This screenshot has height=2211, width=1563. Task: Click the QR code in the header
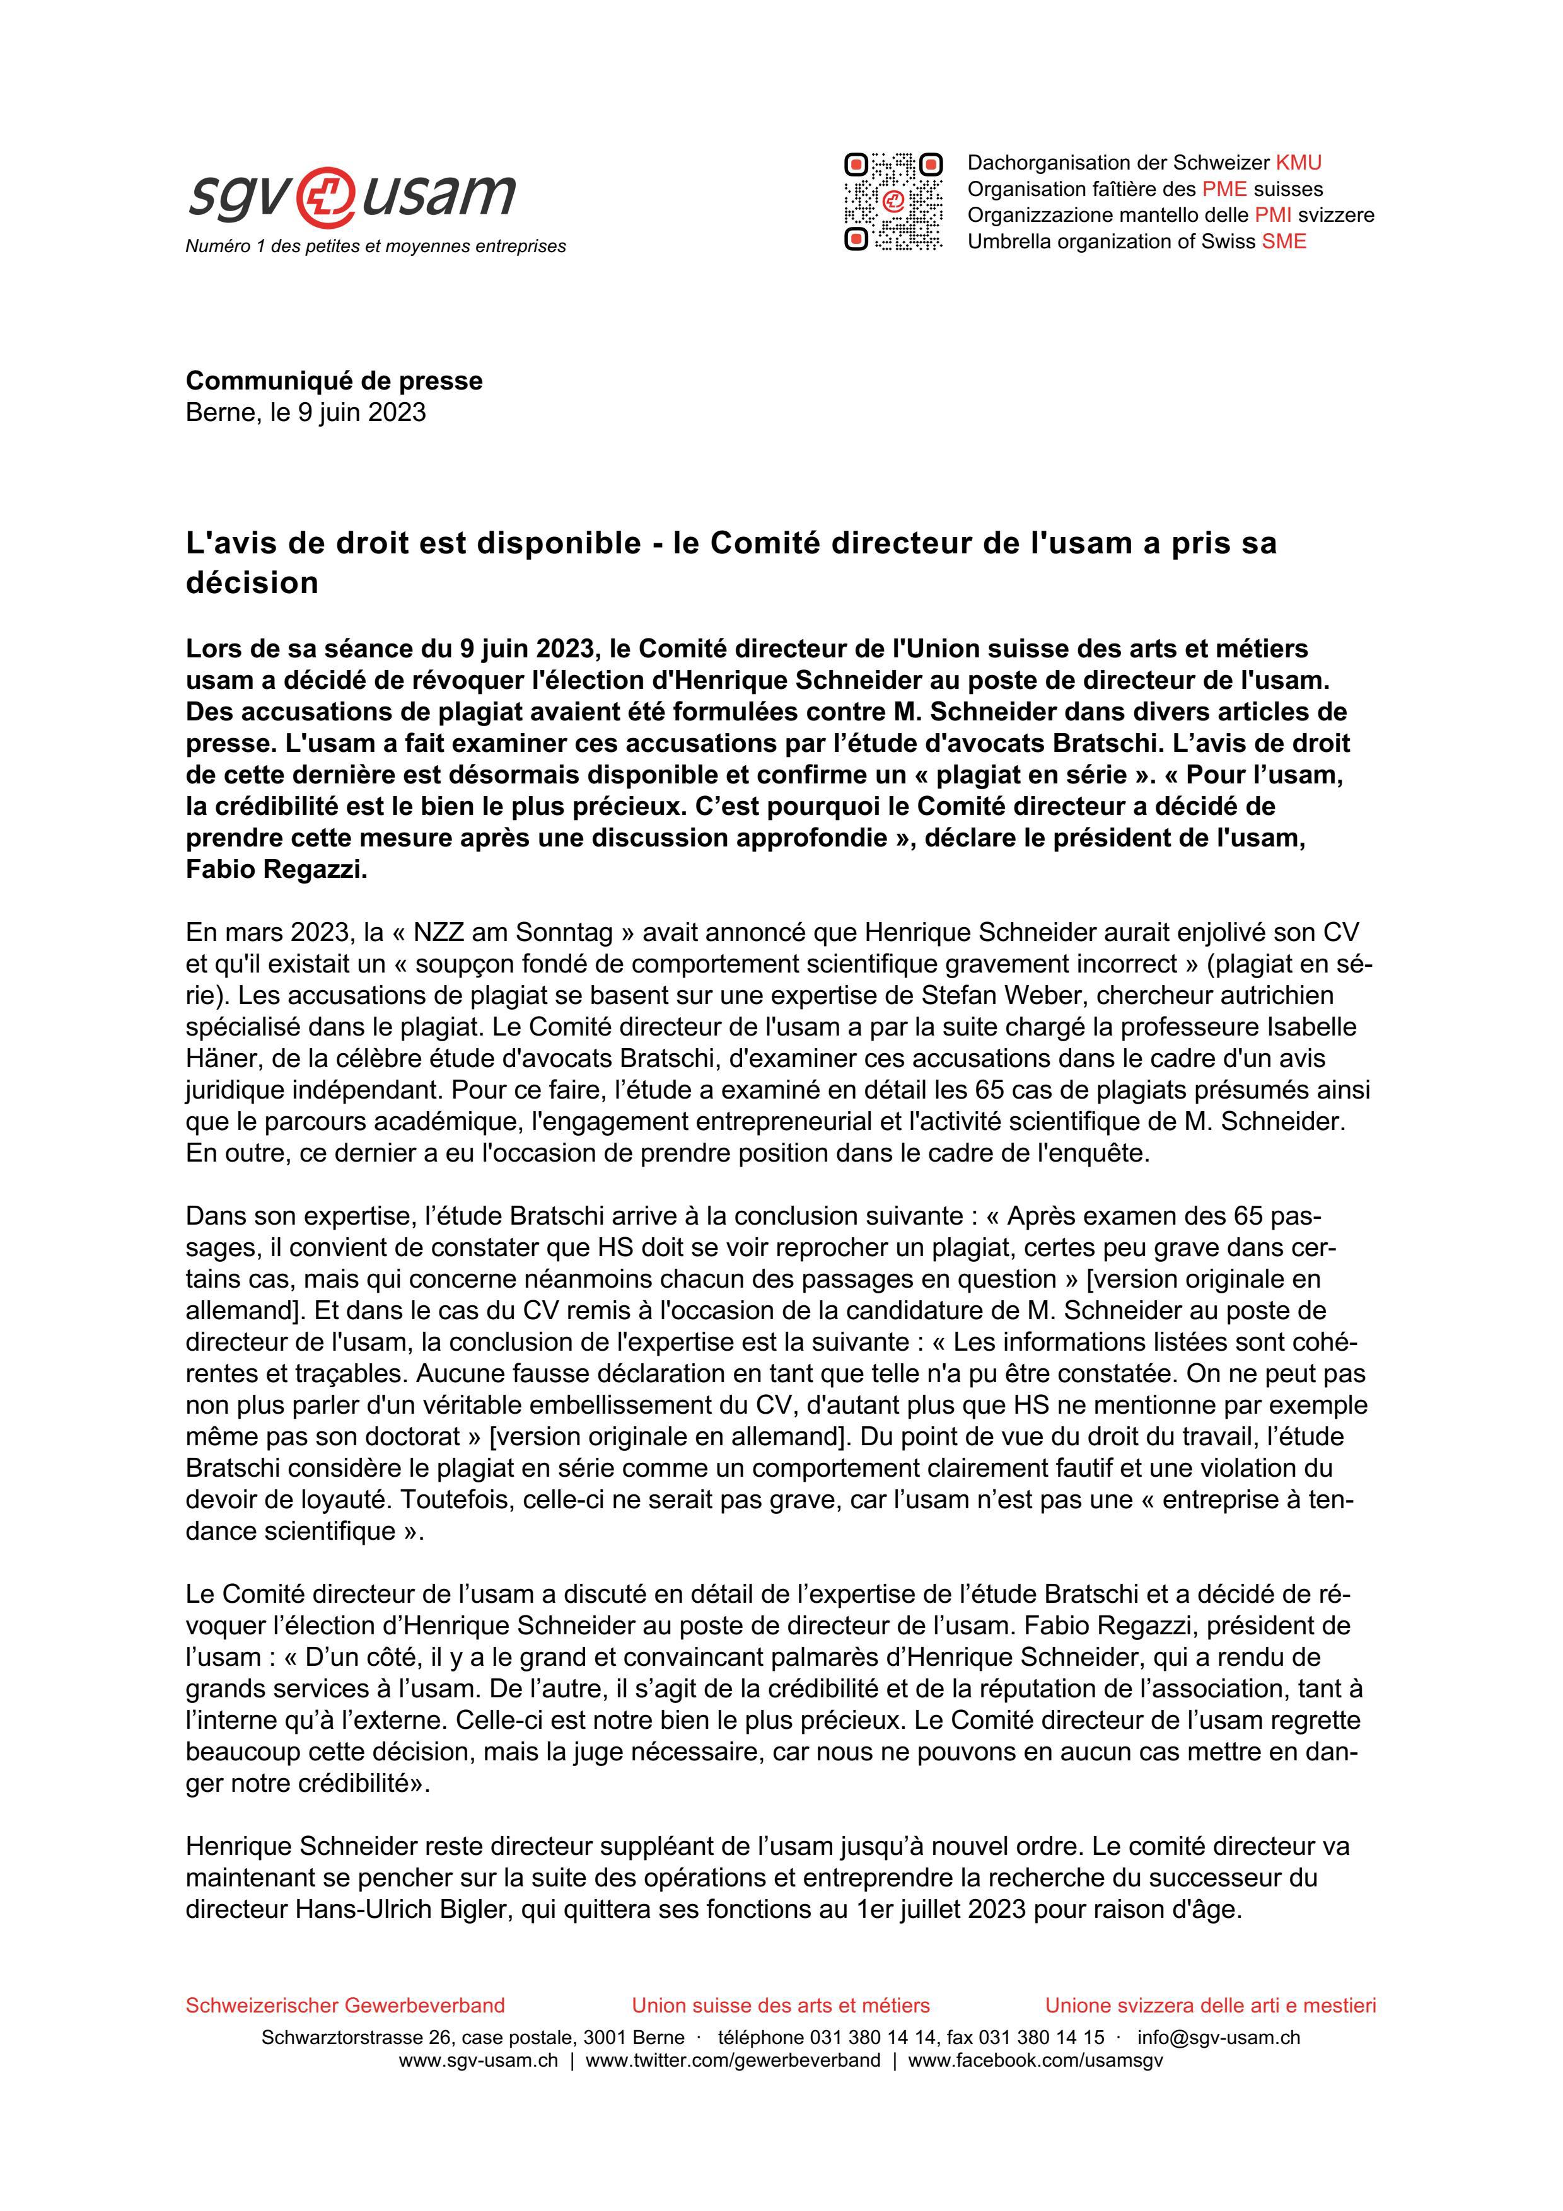pyautogui.click(x=893, y=202)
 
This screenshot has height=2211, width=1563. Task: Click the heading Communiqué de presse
pyautogui.click(x=334, y=381)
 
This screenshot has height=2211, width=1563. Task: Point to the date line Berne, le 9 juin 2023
pyautogui.click(x=305, y=412)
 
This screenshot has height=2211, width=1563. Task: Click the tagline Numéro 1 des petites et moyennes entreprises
pyautogui.click(x=376, y=246)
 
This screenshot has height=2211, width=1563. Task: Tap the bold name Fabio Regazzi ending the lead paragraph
pyautogui.click(x=276, y=870)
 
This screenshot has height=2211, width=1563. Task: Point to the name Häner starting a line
pyautogui.click(x=219, y=1058)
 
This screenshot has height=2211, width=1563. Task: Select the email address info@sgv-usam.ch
pyautogui.click(x=1218, y=2038)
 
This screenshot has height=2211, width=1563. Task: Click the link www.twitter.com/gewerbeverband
pyautogui.click(x=732, y=2061)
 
